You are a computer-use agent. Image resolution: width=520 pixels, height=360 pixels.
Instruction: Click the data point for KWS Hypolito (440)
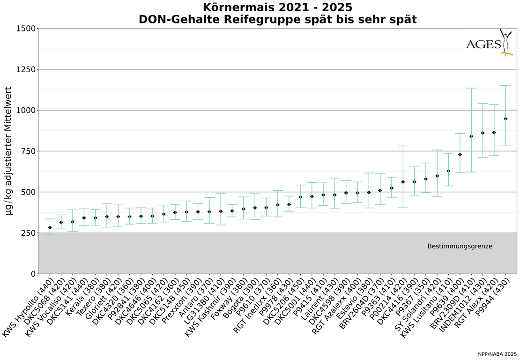coord(50,227)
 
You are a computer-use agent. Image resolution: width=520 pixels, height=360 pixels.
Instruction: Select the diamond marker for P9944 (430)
coord(505,119)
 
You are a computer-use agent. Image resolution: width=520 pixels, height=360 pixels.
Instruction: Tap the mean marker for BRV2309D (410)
coord(471,136)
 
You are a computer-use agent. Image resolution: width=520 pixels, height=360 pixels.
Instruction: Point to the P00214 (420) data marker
coord(403,181)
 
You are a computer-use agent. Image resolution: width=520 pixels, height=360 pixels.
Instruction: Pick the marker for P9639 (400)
coord(460,155)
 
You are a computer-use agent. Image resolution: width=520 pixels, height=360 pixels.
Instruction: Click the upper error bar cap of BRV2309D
coord(471,88)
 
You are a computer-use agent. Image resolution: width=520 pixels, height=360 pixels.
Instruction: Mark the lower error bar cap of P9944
coord(505,146)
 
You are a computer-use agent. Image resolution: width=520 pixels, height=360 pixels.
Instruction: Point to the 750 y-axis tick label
coord(27,151)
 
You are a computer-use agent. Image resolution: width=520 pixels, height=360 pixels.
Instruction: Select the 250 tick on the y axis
coord(27,233)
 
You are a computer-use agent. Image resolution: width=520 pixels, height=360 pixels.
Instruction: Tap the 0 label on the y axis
coord(32,274)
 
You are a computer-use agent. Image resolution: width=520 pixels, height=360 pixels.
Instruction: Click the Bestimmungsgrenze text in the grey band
coord(460,246)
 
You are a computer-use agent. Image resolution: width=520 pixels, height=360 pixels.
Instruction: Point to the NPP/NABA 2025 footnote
coord(497,354)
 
